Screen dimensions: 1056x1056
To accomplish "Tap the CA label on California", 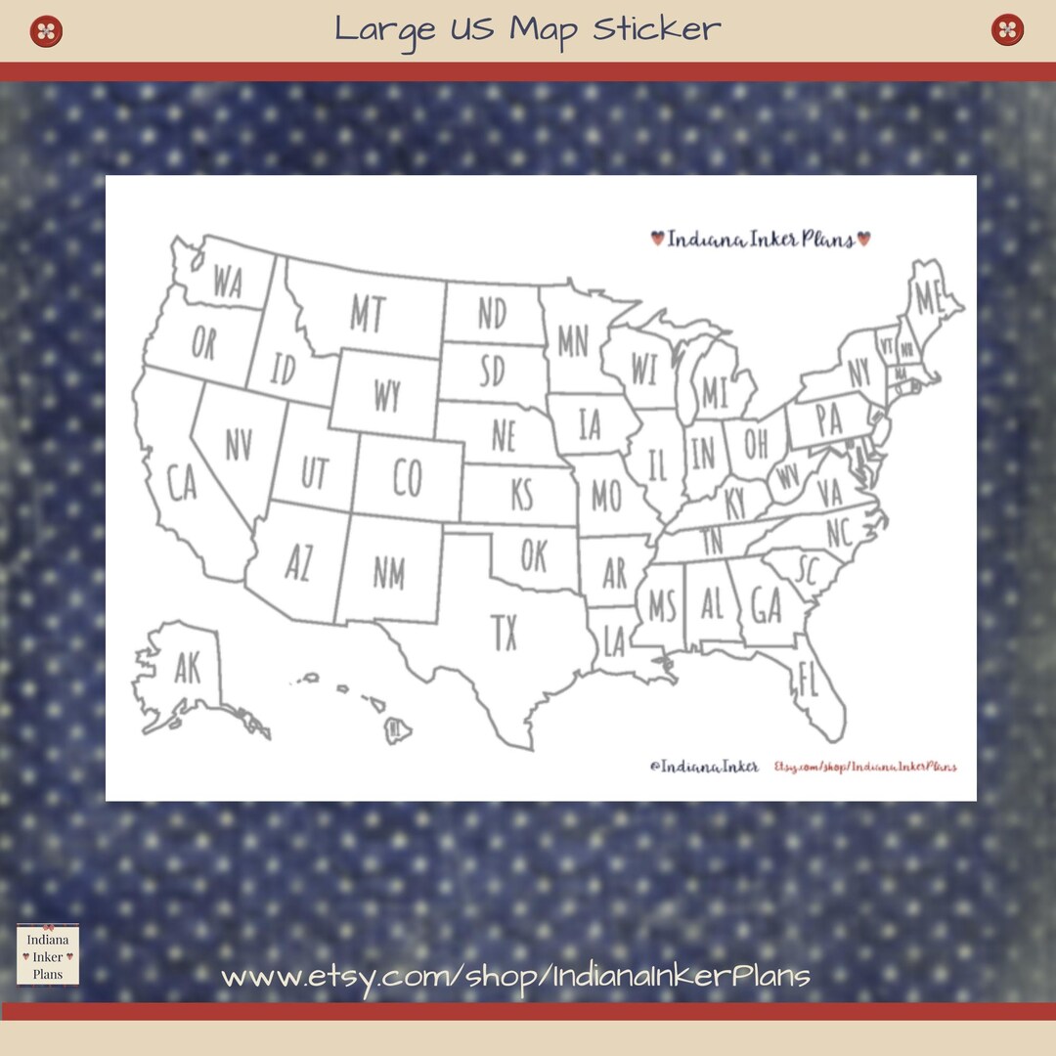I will click(183, 484).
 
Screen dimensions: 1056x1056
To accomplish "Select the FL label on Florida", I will click(808, 680).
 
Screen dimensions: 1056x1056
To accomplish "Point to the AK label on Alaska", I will click(187, 669).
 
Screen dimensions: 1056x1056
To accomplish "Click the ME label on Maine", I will click(927, 296).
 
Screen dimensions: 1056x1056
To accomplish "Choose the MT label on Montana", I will click(368, 315).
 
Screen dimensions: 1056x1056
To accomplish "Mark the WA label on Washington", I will click(227, 284).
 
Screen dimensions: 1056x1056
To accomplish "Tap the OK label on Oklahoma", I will click(533, 556).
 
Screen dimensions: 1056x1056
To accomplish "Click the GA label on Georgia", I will click(767, 607).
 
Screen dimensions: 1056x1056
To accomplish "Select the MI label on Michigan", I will click(715, 393).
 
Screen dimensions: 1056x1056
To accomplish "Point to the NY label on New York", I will click(858, 373).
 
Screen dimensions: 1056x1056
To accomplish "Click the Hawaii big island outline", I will click(397, 728).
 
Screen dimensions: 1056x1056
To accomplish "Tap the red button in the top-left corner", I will click(46, 30).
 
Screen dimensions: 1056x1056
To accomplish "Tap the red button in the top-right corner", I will click(1007, 30).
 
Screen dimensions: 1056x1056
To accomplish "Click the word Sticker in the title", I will click(656, 28).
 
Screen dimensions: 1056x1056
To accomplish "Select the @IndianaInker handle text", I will click(703, 768).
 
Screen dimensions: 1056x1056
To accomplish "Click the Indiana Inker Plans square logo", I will click(47, 954).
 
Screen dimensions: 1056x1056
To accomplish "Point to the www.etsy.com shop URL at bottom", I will click(515, 975).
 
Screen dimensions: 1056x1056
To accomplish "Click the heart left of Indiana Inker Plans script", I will click(657, 238).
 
